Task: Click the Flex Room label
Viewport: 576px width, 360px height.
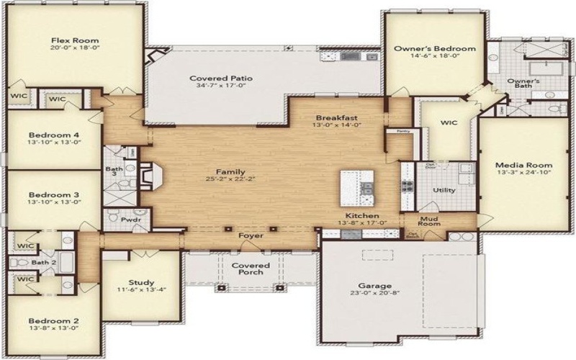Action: pyautogui.click(x=75, y=40)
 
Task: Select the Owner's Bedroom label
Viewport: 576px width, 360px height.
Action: pyautogui.click(x=434, y=48)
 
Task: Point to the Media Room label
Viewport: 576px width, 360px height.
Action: pyautogui.click(x=513, y=164)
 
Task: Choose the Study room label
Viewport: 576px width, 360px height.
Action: pyautogui.click(x=137, y=282)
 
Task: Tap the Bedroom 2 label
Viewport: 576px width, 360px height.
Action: pyautogui.click(x=53, y=321)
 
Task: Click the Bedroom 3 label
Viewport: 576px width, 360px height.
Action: pyautogui.click(x=54, y=194)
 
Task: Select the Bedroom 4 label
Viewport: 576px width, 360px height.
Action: pyautogui.click(x=54, y=135)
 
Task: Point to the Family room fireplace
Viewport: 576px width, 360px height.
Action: pyautogui.click(x=148, y=175)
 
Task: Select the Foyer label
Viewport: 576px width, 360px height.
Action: pyautogui.click(x=251, y=235)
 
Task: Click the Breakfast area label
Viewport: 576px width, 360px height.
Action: pyautogui.click(x=337, y=117)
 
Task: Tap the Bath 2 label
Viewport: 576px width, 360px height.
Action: pyautogui.click(x=43, y=262)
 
